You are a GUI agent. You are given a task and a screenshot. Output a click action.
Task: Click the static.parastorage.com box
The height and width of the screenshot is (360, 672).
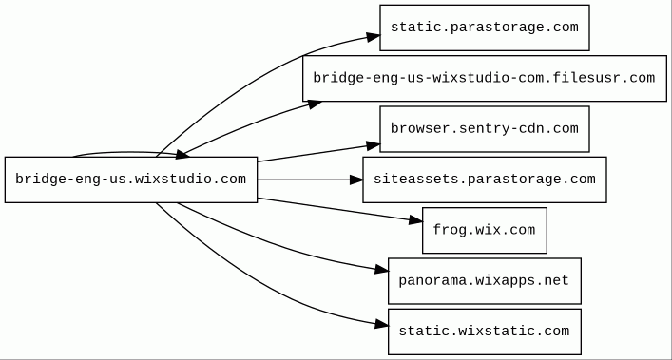[485, 28]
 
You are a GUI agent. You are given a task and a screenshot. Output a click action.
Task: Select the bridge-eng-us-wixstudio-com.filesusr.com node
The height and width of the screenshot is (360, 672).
[485, 78]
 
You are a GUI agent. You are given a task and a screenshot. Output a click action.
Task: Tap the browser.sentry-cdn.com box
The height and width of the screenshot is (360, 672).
[485, 129]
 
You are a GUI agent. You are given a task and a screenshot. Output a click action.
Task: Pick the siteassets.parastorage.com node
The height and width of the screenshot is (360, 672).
[485, 180]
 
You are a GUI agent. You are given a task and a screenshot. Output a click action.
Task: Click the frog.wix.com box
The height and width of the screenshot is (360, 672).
[485, 230]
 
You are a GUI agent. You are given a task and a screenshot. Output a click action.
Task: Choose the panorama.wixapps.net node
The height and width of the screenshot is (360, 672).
[485, 281]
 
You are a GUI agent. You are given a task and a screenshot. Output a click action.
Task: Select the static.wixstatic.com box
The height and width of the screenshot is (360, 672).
[485, 332]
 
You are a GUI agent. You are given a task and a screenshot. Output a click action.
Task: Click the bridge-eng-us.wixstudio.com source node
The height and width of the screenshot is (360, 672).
[131, 180]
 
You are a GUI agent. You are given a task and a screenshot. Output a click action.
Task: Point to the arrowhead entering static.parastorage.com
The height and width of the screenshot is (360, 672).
[373, 37]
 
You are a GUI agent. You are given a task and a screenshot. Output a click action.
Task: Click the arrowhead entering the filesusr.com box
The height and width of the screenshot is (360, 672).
[315, 104]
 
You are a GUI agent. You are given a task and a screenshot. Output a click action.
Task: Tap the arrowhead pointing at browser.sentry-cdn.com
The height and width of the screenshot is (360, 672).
[373, 146]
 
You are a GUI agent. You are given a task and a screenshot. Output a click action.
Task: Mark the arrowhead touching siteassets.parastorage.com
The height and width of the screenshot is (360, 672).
[355, 180]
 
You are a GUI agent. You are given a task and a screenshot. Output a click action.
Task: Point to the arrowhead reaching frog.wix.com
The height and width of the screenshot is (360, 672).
[415, 220]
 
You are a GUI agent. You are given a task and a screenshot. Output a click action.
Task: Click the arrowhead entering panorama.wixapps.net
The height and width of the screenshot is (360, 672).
[381, 270]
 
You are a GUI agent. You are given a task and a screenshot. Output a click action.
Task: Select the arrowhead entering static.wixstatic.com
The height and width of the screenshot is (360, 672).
[381, 325]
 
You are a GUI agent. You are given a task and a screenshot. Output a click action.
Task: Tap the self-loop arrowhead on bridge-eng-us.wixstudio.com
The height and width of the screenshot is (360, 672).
[182, 155]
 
